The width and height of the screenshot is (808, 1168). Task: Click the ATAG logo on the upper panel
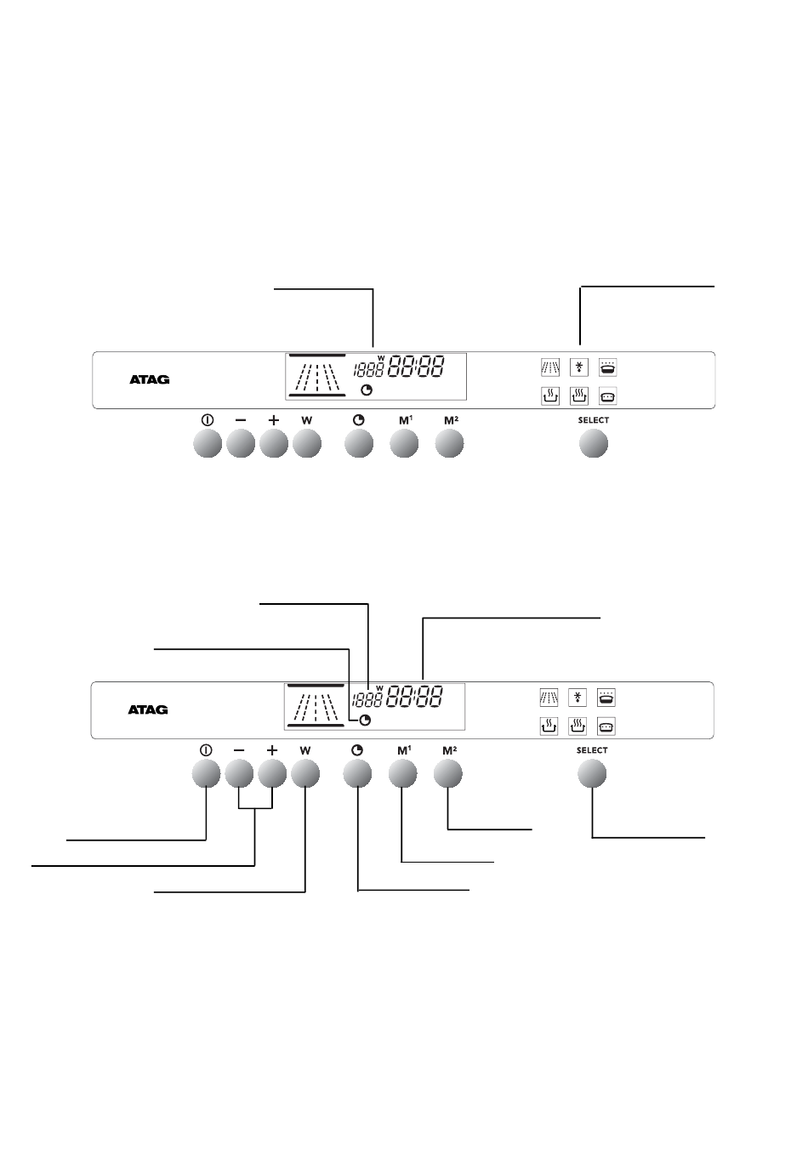(x=150, y=379)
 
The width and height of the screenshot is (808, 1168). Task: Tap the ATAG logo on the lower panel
(x=148, y=709)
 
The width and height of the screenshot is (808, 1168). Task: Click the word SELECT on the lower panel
(x=592, y=750)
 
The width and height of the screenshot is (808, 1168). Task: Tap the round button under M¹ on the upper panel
(x=404, y=444)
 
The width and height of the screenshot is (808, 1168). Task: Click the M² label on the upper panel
(x=451, y=420)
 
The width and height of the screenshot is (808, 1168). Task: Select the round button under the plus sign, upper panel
(x=274, y=444)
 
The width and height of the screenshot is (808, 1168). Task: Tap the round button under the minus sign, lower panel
(x=239, y=774)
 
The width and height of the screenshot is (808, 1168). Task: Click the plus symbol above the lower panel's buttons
(x=272, y=750)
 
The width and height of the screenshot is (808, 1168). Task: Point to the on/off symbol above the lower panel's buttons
(x=206, y=750)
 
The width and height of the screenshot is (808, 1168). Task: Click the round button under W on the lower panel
(x=305, y=774)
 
